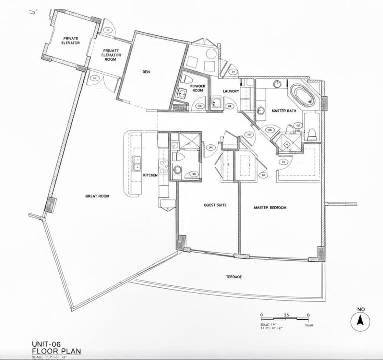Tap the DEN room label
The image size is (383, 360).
point(146,72)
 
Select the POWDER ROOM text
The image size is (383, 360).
point(198,88)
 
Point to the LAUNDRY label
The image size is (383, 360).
point(231,91)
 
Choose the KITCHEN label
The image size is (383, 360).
point(150,176)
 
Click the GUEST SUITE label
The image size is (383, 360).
point(216,205)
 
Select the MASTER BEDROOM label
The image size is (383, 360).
point(274,207)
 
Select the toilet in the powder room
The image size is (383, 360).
point(183,79)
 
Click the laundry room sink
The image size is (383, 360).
point(216,103)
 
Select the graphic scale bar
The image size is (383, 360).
point(285,317)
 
